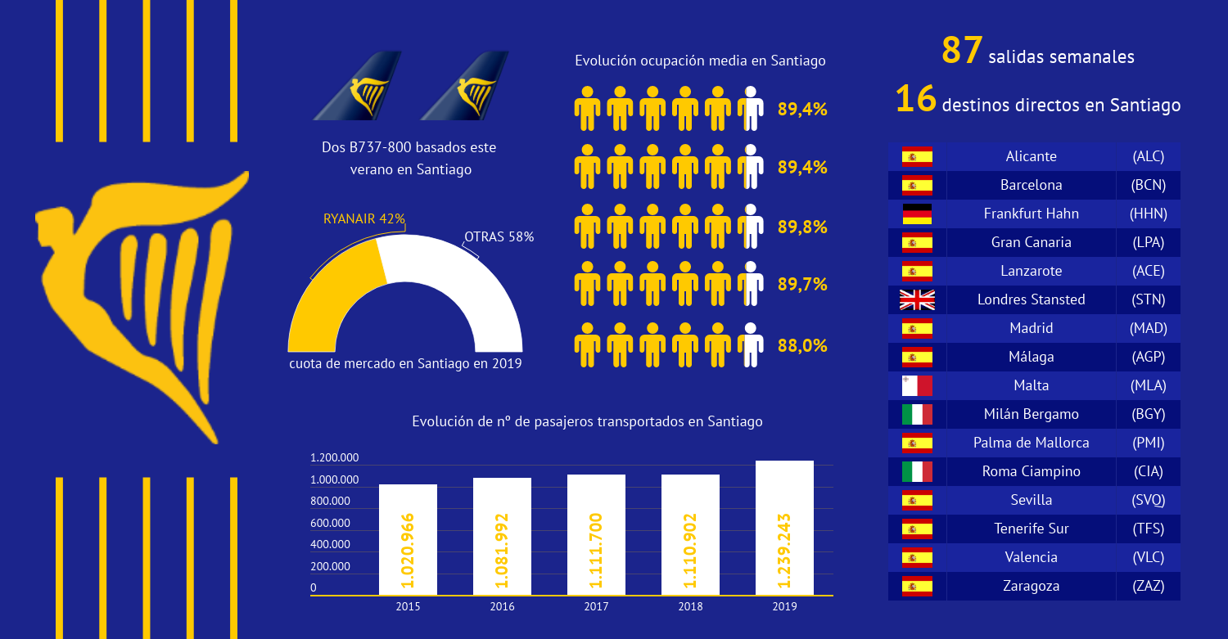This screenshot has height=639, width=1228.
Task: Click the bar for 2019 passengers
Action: point(784,527)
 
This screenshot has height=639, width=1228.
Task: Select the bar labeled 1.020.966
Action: point(408,539)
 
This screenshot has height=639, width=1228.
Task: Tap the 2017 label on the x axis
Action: point(596,606)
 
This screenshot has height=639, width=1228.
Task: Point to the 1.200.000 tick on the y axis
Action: point(334,457)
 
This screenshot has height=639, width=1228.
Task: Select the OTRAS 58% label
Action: point(499,236)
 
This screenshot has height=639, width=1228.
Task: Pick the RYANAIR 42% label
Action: point(364,218)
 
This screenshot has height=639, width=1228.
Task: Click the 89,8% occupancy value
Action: point(802,227)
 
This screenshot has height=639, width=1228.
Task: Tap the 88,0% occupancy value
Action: point(802,346)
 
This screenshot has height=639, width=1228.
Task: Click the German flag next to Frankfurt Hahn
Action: point(917,214)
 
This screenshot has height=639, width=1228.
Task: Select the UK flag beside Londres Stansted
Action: point(917,299)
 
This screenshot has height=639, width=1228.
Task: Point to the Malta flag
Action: point(917,386)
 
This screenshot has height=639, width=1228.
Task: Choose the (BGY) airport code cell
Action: point(1148,414)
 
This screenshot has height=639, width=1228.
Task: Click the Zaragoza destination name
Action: point(1032,586)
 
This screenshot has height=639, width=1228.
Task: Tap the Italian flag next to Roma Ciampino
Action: point(917,471)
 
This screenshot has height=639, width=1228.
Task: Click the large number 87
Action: point(962,51)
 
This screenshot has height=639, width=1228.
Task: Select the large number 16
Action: point(915,99)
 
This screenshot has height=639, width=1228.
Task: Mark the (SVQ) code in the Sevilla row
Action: point(1148,501)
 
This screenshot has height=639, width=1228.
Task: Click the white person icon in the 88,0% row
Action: point(751,344)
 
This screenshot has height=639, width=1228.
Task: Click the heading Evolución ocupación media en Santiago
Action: point(700,61)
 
